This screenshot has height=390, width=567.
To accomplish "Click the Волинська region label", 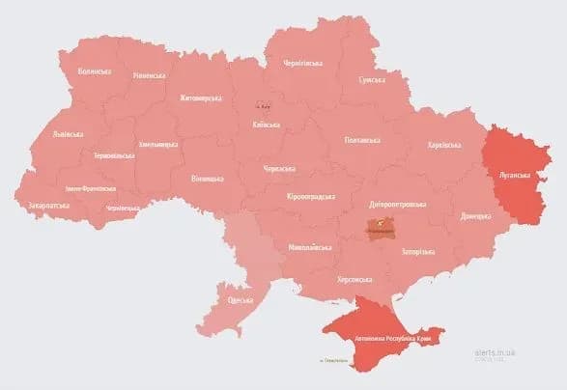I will coord(95,71).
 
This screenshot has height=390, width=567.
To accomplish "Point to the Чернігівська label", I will coord(302,63).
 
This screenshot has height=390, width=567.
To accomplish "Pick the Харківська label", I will coord(445,145).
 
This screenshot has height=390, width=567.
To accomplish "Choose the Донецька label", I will coord(476,215).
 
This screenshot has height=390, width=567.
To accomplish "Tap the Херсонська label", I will coord(354,279).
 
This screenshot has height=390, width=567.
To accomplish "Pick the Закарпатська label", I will coord(47,206).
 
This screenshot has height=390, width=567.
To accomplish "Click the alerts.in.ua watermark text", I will coord(495,352).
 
